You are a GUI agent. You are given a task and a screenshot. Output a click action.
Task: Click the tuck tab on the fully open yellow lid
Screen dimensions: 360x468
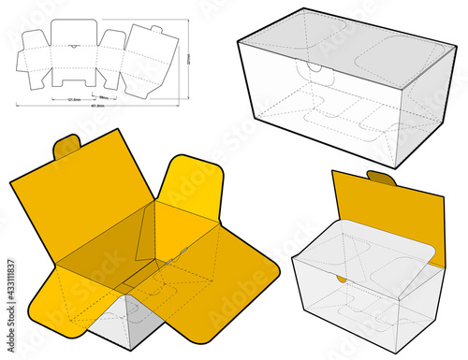pos(66,147)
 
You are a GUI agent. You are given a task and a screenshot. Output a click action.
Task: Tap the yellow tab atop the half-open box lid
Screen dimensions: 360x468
pos(380,178)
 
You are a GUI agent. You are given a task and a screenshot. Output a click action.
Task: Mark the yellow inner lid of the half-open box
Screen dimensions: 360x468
pos(384,206)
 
